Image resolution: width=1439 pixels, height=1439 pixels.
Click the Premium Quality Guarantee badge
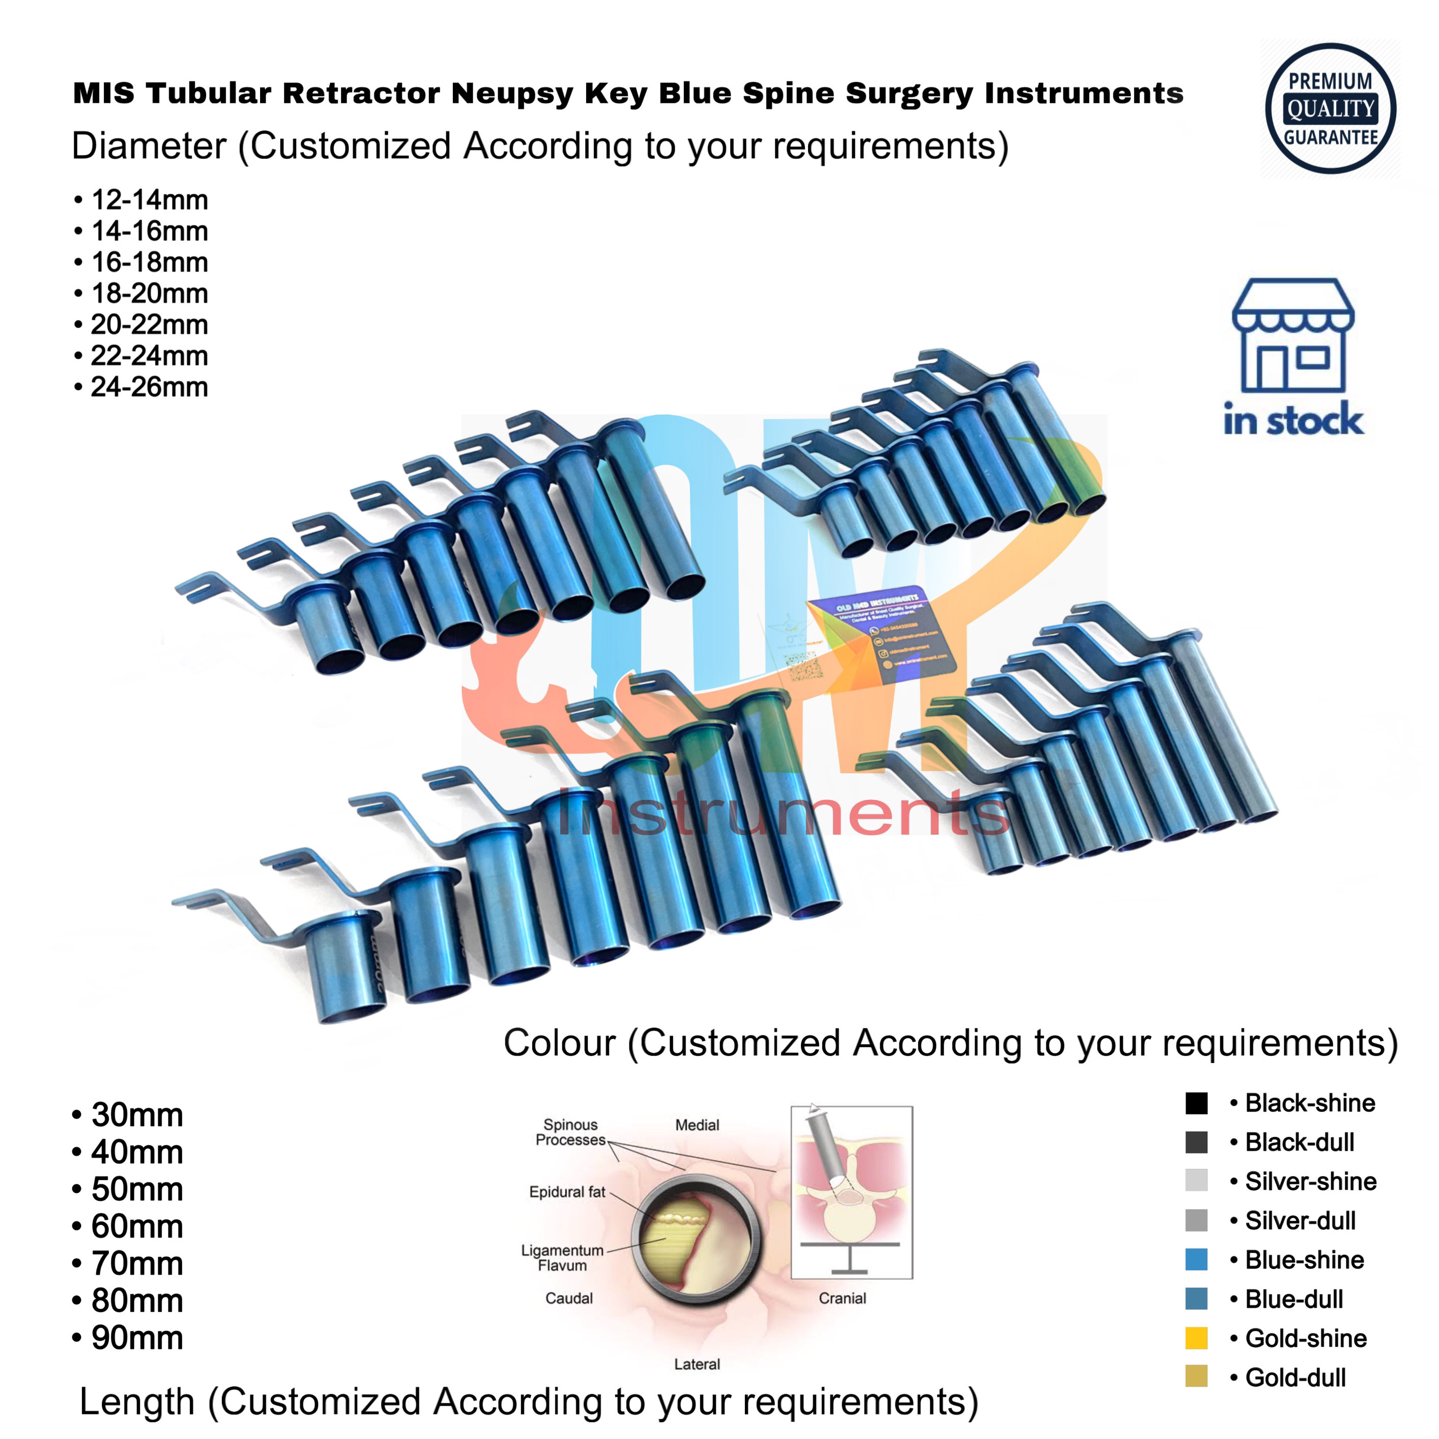[1330, 109]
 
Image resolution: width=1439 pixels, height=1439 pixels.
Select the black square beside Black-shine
[1196, 1103]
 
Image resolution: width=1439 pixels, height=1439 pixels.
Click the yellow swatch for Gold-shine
[1196, 1338]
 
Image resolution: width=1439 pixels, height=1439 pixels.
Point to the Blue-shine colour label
[1304, 1260]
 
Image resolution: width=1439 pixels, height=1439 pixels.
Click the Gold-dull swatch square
[1196, 1377]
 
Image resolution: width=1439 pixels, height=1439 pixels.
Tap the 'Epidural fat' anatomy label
[567, 1192]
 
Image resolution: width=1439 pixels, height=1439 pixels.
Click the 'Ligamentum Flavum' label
[562, 1258]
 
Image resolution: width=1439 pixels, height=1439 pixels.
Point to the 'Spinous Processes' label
[570, 1132]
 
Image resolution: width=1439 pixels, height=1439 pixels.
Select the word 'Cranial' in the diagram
[843, 1298]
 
